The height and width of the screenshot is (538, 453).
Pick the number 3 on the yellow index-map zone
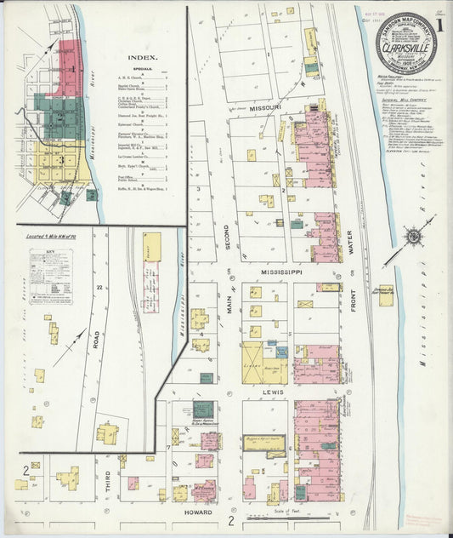tap(62, 159)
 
